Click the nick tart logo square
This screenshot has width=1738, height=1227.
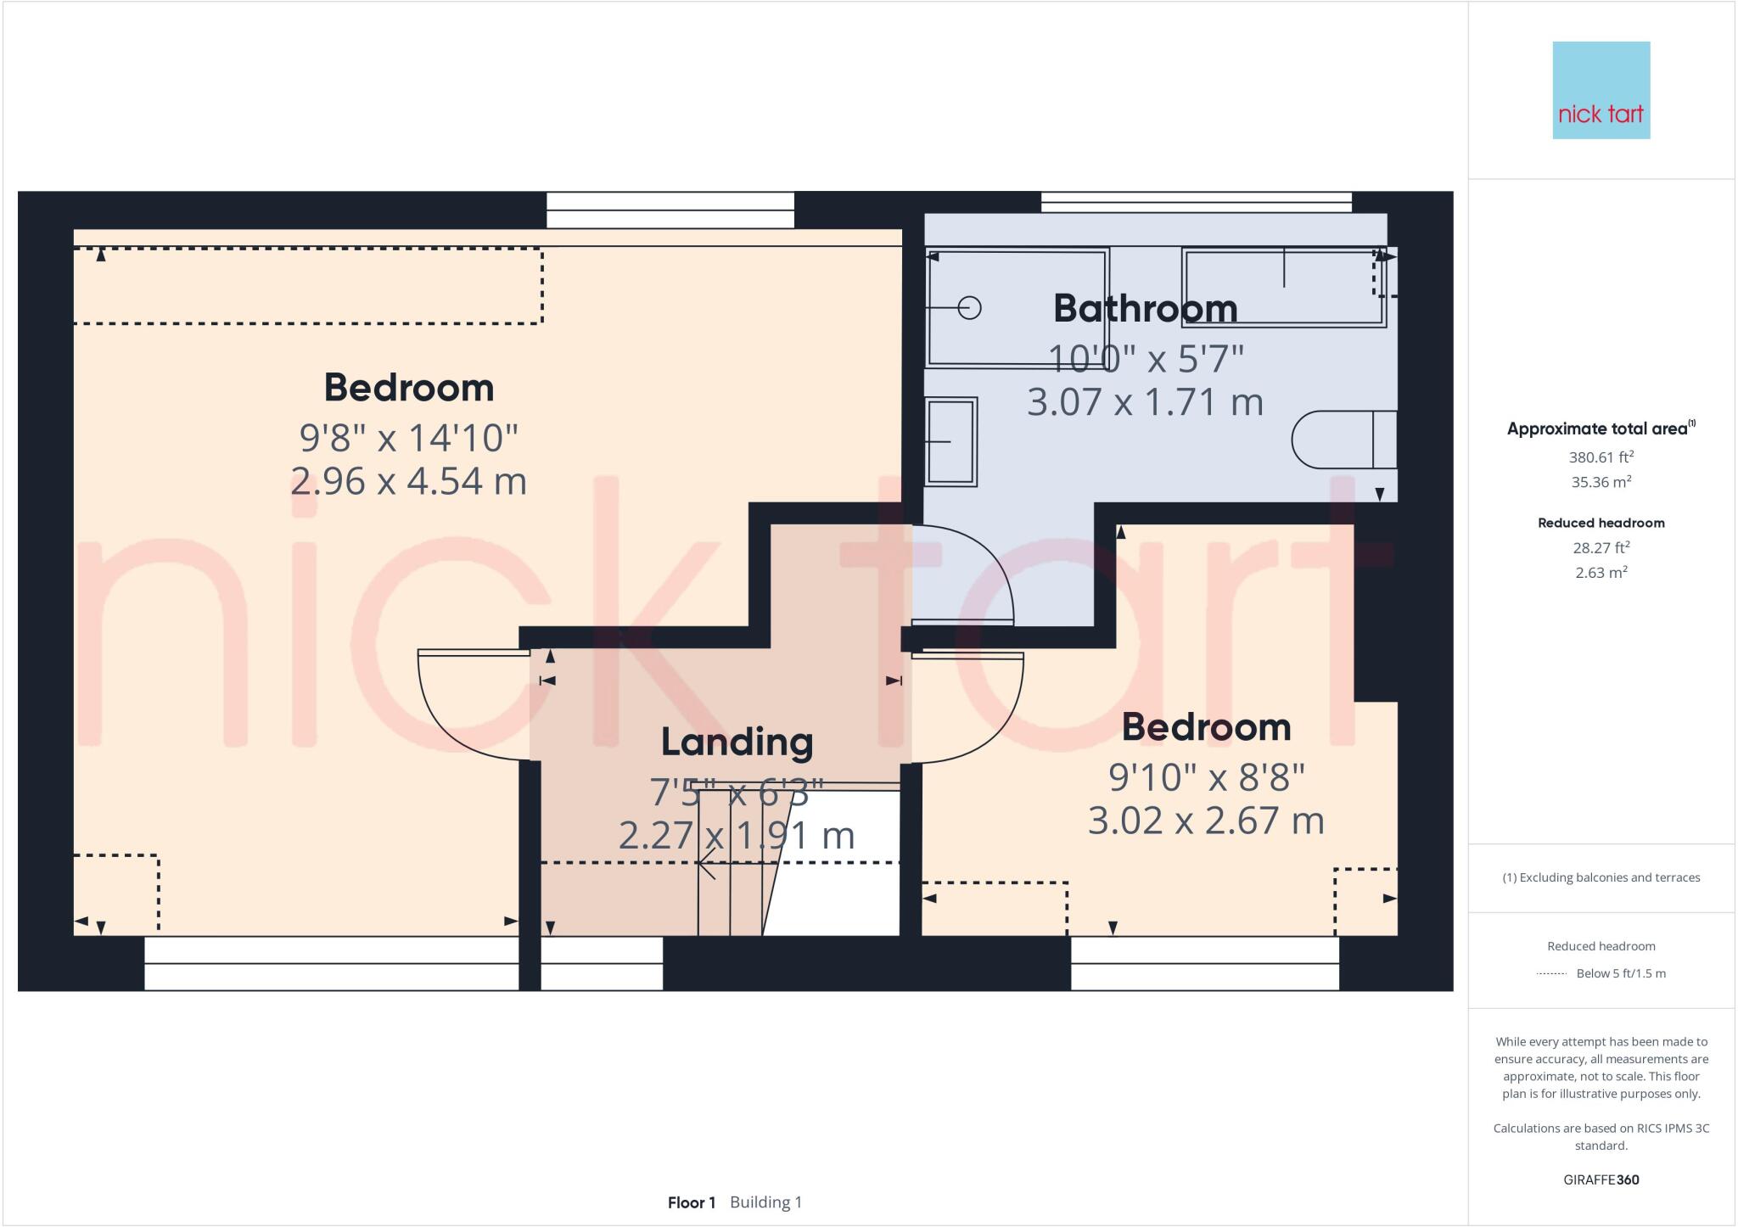tap(1601, 90)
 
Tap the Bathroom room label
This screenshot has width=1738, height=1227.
tap(1145, 308)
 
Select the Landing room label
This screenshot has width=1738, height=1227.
tap(737, 742)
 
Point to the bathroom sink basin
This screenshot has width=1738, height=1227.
tap(951, 442)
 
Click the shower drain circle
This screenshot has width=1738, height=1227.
tap(969, 308)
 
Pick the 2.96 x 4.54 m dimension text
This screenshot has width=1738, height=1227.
tap(408, 481)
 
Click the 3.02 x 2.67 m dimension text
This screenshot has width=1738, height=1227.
tap(1206, 821)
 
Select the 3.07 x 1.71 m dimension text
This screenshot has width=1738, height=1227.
tap(1145, 401)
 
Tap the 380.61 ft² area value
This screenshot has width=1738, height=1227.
tap(1601, 457)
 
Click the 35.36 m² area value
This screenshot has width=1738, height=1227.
tap(1601, 482)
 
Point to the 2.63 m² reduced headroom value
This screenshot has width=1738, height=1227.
tap(1601, 573)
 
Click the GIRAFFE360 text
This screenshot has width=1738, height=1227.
tap(1601, 1179)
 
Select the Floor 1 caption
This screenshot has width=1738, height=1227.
tap(691, 1202)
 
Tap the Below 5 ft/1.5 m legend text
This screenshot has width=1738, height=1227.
tap(1620, 973)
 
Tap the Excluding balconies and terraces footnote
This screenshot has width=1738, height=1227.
tap(1601, 877)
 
